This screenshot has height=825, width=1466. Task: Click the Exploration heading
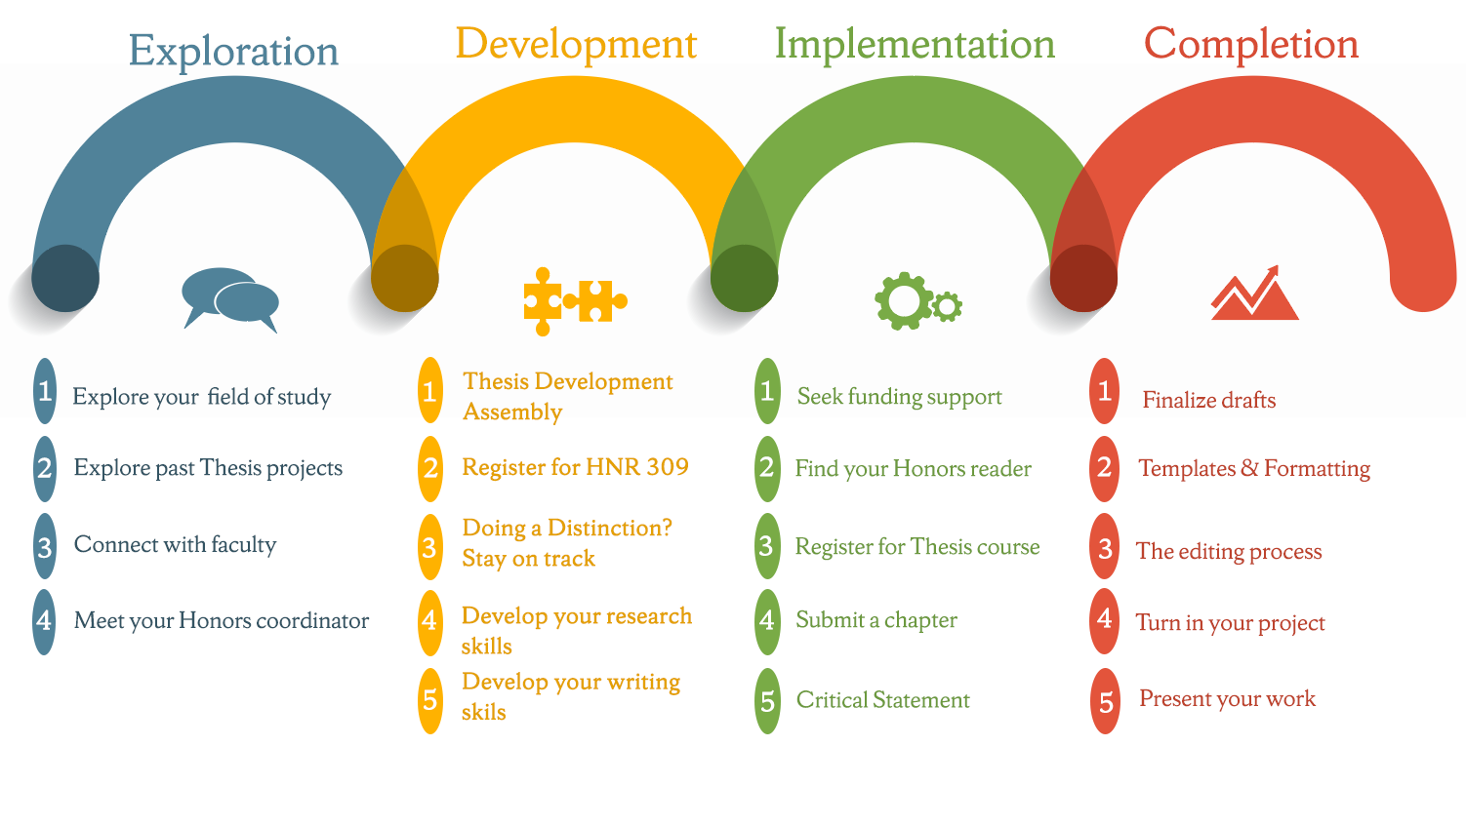click(x=233, y=52)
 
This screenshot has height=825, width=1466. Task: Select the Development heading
click(x=576, y=45)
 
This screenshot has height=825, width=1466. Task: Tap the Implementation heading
click(x=915, y=45)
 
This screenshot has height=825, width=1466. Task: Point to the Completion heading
click(x=1251, y=45)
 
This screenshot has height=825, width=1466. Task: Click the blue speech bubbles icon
click(x=230, y=299)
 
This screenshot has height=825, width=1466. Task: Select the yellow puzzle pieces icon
click(x=575, y=300)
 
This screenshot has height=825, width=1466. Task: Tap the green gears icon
click(x=917, y=300)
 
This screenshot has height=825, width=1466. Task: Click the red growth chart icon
click(x=1255, y=294)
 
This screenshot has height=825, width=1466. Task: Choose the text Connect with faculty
click(x=175, y=545)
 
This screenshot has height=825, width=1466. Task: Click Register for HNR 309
click(x=575, y=468)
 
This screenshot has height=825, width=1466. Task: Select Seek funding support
click(x=899, y=397)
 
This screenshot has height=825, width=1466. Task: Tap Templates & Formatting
click(x=1254, y=469)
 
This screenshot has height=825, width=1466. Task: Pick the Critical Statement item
click(x=882, y=700)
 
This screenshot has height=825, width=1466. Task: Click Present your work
click(x=1227, y=699)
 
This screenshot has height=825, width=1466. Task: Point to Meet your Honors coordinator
click(x=222, y=621)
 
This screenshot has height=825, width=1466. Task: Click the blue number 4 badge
click(x=44, y=621)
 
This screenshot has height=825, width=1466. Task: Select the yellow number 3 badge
click(x=429, y=547)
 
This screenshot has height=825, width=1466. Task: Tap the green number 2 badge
click(x=767, y=468)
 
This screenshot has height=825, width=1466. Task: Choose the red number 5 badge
click(x=1105, y=701)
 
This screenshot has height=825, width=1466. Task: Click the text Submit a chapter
click(x=876, y=620)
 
